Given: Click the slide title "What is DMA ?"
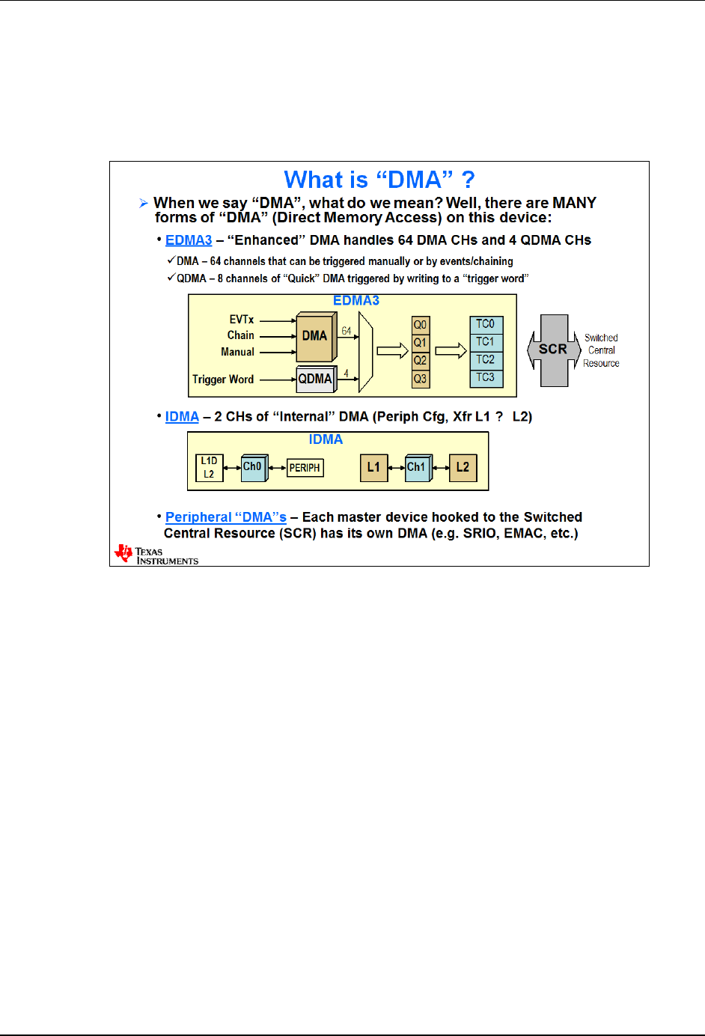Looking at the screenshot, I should pyautogui.click(x=379, y=180).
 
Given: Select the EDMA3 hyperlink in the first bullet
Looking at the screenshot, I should pyautogui.click(x=189, y=240).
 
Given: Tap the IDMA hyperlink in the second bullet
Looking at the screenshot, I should pyautogui.click(x=182, y=417).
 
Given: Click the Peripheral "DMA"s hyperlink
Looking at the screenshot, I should pyautogui.click(x=226, y=517).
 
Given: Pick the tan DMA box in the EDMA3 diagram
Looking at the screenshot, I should pyautogui.click(x=315, y=336).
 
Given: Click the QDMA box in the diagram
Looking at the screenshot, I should pyautogui.click(x=315, y=379).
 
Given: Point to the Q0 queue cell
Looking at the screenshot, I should pyautogui.click(x=421, y=325).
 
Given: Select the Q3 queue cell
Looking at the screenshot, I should pyautogui.click(x=421, y=379).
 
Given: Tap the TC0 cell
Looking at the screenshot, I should pyautogui.click(x=486, y=324).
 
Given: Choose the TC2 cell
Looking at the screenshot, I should pyautogui.click(x=486, y=359).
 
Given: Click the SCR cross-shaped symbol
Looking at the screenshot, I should pyautogui.click(x=554, y=350).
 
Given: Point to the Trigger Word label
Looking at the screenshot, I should pyautogui.click(x=223, y=380).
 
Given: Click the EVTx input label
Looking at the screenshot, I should pyautogui.click(x=242, y=320).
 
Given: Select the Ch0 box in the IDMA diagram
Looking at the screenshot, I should pyautogui.click(x=253, y=467).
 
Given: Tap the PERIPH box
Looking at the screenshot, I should pyautogui.click(x=305, y=468).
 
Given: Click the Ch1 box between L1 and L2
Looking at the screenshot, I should pyautogui.click(x=417, y=467).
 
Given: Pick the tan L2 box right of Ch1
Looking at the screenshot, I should pyautogui.click(x=463, y=467).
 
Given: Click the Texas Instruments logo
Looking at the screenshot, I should pyautogui.click(x=156, y=555).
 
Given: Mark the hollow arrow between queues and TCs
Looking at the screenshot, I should pyautogui.click(x=451, y=351).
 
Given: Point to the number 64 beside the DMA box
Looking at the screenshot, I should pyautogui.click(x=347, y=331).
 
